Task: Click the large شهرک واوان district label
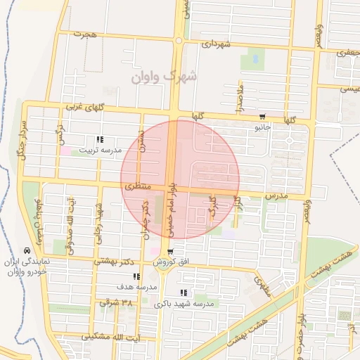coord(164,76)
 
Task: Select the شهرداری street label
coord(216,44)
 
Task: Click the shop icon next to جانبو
coord(263,117)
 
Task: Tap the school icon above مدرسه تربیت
coord(100,139)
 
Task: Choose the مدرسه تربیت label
coord(100,150)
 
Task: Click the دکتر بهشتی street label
coord(117,262)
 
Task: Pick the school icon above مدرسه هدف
coord(135,277)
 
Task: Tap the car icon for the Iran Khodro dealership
coord(27,250)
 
